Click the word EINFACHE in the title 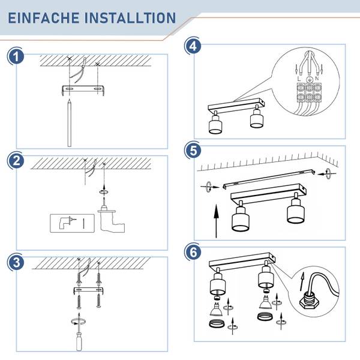coord(44,18)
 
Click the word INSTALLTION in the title coord(130,18)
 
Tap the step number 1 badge coord(16,57)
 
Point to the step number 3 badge coord(16,262)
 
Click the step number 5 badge coord(193,151)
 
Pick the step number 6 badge coord(193,252)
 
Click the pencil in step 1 coord(70,123)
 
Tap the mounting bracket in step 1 coord(83,90)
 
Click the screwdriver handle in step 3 coord(79,341)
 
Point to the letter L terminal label coord(299,79)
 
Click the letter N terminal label coord(317,79)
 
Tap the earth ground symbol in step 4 coord(309,80)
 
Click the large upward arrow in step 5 coord(216,221)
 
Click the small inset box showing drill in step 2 coord(73,223)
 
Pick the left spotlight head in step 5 coord(241,218)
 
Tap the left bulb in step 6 coord(215,309)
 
